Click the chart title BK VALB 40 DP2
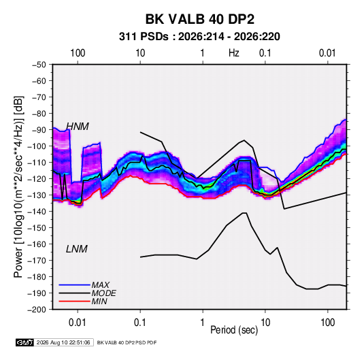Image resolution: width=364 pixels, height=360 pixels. pyautogui.click(x=200, y=19)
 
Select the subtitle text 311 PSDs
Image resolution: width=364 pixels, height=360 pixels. pyautogui.click(x=144, y=37)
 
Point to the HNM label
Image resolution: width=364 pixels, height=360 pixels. pyautogui.click(x=78, y=127)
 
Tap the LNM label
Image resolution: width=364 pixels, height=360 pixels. pyautogui.click(x=77, y=249)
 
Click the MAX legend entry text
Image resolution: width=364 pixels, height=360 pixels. pyautogui.click(x=100, y=284)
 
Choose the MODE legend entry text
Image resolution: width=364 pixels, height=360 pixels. pyautogui.click(x=104, y=293)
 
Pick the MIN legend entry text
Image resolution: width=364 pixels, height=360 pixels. pyautogui.click(x=99, y=301)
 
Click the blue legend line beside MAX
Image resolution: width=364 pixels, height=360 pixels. pyautogui.click(x=75, y=285)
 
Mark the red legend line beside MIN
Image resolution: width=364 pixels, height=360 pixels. pyautogui.click(x=75, y=301)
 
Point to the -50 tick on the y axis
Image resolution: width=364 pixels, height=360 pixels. pyautogui.click(x=39, y=65)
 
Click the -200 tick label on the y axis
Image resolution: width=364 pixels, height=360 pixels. pyautogui.click(x=37, y=310)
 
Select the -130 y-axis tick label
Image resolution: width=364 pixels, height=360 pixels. pyautogui.click(x=37, y=195)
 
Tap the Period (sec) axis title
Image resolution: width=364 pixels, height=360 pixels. pyautogui.click(x=234, y=330)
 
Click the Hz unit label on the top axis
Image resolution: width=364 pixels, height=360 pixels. pyautogui.click(x=234, y=53)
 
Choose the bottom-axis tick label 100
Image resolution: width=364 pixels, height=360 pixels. pyautogui.click(x=327, y=323)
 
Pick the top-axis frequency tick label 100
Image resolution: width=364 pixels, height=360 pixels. pyautogui.click(x=78, y=53)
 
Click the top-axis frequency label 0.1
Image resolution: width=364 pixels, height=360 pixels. pyautogui.click(x=265, y=53)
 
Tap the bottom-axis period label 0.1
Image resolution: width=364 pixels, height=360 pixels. pyautogui.click(x=140, y=323)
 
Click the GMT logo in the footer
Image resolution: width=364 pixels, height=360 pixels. pyautogui.click(x=24, y=342)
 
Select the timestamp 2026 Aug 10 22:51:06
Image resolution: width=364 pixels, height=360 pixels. pyautogui.click(x=63, y=342)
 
